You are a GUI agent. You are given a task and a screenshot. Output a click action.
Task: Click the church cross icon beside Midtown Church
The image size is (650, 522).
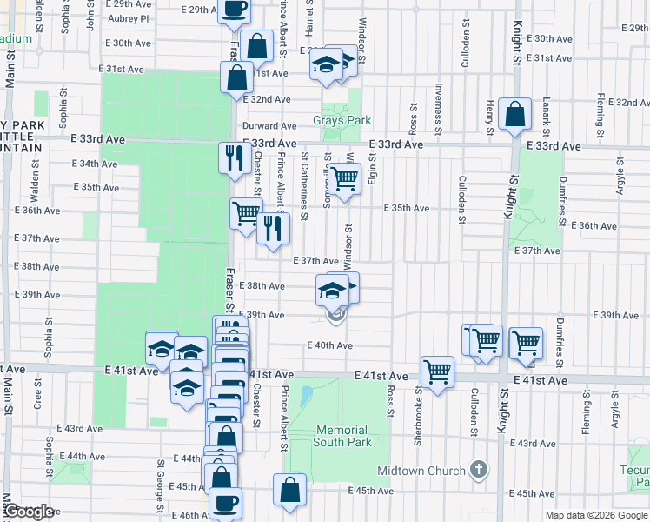[477, 471]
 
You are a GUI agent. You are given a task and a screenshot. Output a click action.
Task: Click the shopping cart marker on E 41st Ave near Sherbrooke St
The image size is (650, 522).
[437, 371]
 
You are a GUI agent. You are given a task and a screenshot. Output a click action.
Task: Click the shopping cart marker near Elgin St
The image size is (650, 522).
[344, 179]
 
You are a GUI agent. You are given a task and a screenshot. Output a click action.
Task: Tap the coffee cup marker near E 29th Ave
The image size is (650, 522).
[233, 10]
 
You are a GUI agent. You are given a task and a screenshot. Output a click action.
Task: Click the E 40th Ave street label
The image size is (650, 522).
[328, 345]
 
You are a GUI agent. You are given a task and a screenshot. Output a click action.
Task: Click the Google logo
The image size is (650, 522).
[29, 512]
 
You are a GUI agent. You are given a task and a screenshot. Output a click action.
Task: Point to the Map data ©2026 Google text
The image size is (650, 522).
[597, 515]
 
